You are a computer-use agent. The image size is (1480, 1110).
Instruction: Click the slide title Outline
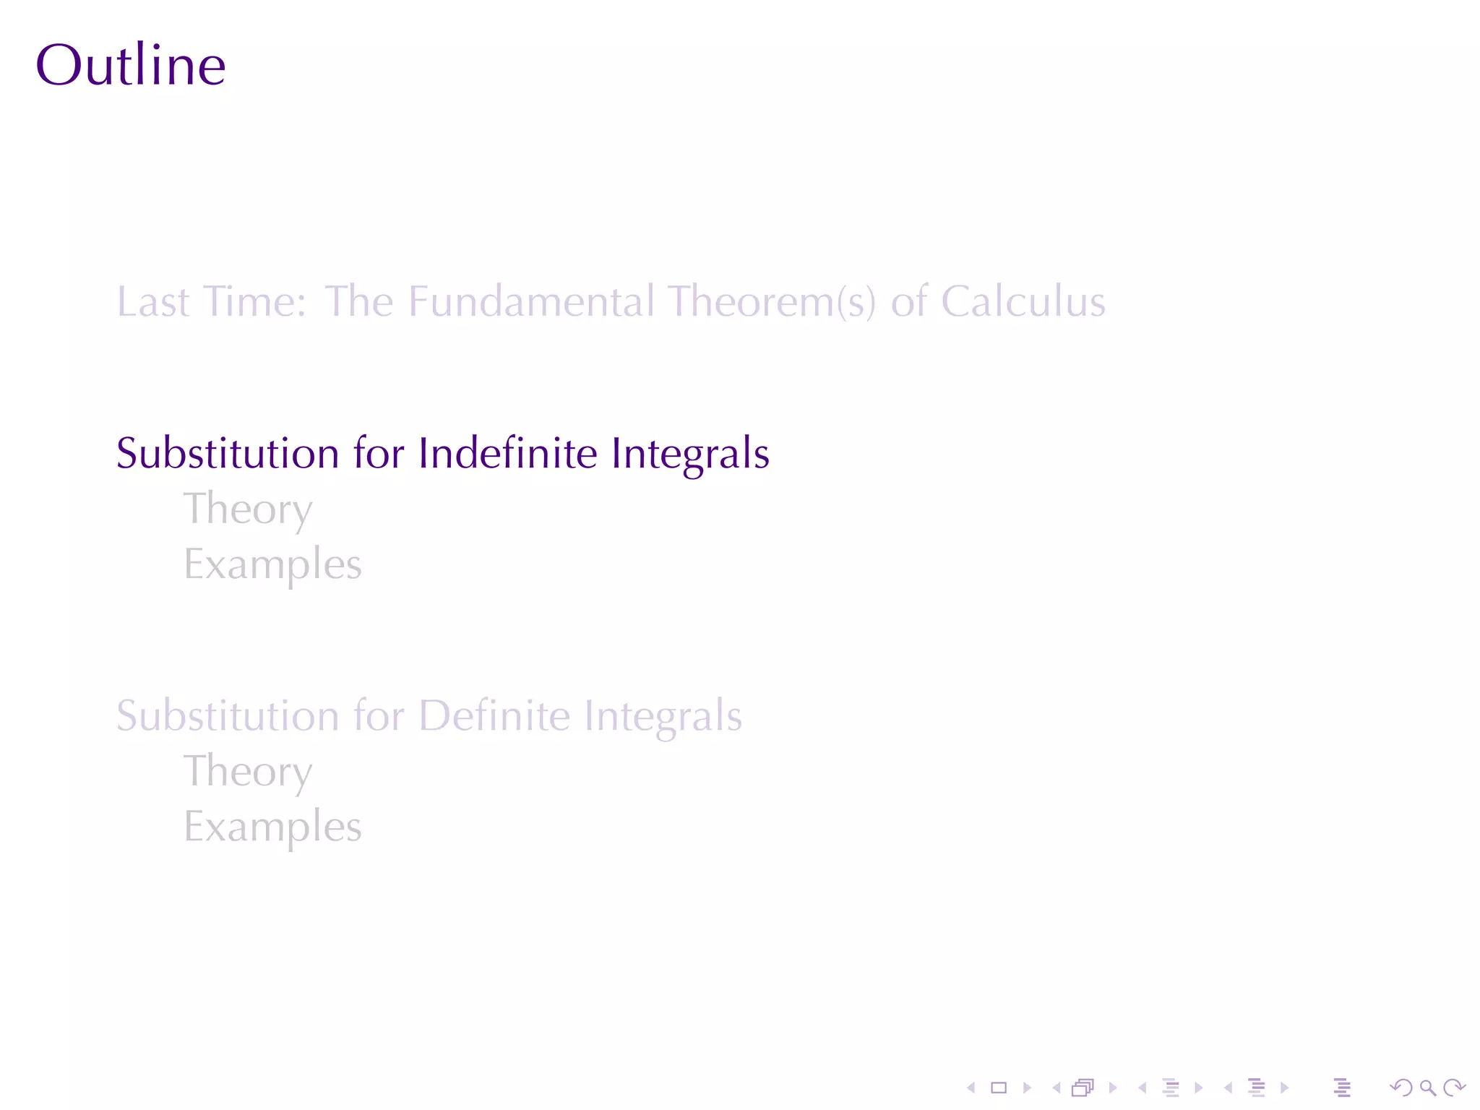[x=131, y=65]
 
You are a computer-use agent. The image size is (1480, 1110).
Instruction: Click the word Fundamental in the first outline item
[x=531, y=301]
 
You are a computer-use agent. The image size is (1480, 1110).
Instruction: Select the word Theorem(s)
[x=771, y=301]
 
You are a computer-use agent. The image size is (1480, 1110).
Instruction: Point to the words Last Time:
[x=212, y=301]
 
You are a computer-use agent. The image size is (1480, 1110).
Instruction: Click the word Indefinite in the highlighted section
[x=508, y=453]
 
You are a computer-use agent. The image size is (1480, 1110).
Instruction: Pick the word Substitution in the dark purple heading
[x=228, y=453]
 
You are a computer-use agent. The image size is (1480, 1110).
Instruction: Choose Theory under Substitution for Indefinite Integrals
[x=248, y=509]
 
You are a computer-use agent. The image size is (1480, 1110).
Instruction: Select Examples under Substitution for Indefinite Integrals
[x=272, y=564]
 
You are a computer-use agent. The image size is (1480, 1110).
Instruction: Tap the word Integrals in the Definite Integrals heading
[x=663, y=715]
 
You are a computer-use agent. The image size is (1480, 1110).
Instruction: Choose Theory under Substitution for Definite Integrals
[x=248, y=772]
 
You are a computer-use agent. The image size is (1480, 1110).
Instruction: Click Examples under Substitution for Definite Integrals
[x=272, y=827]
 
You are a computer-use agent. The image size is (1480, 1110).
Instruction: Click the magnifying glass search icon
[x=1427, y=1088]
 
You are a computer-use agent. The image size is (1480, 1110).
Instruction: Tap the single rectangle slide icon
[x=999, y=1088]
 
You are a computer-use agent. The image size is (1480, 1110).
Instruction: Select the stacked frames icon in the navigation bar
[x=1083, y=1088]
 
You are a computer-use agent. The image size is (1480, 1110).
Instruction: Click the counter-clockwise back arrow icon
[x=1401, y=1088]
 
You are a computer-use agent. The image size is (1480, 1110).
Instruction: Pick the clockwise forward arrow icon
[x=1454, y=1088]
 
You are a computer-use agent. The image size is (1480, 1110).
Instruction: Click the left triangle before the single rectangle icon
[x=971, y=1088]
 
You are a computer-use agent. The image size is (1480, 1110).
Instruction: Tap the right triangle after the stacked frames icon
[x=1112, y=1088]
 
